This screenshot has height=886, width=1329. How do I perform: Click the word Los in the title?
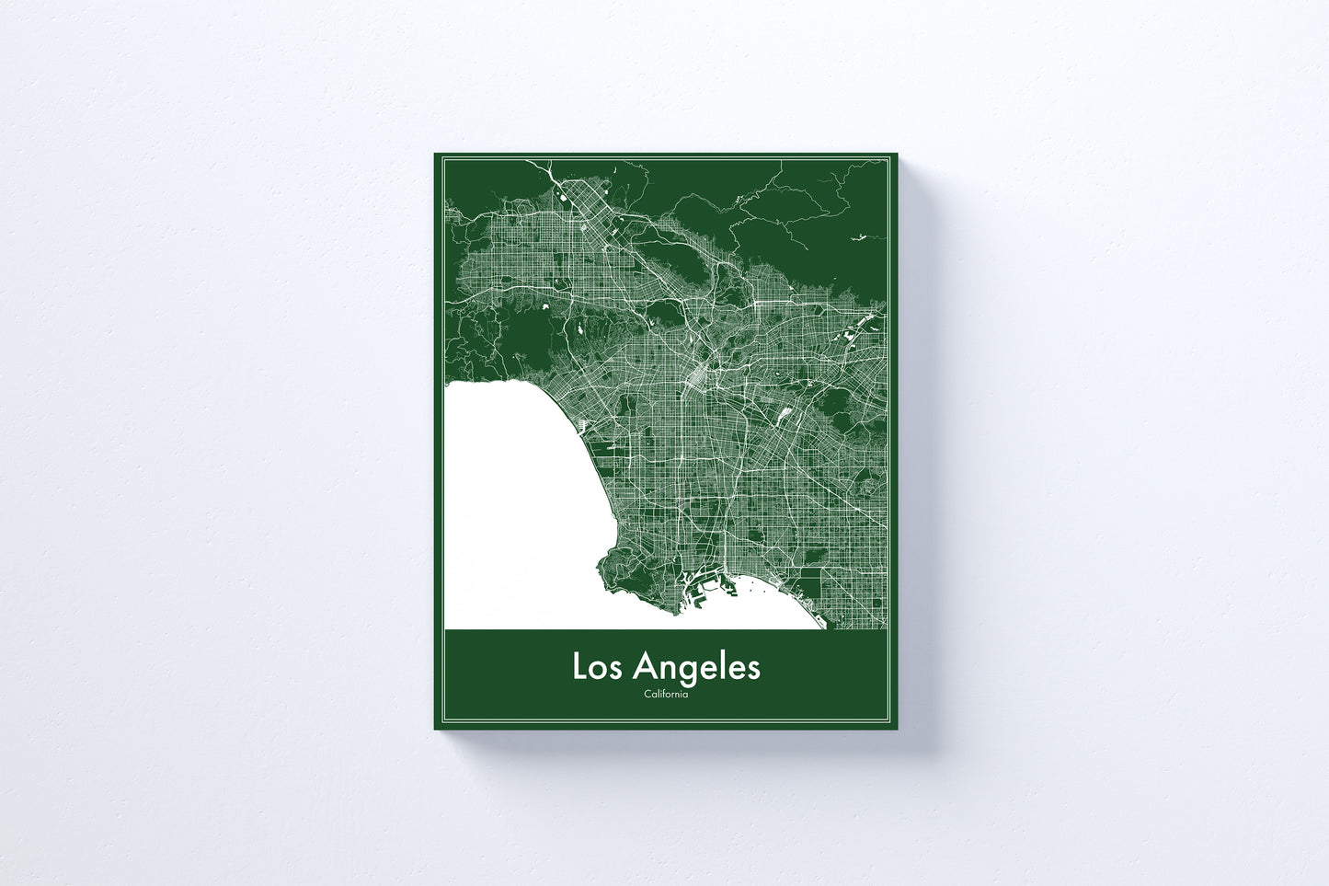599,667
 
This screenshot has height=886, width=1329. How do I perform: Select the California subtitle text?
666,694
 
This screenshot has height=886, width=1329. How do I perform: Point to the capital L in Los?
580,667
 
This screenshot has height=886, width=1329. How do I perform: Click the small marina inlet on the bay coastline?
583,423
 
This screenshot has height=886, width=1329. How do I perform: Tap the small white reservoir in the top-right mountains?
859,237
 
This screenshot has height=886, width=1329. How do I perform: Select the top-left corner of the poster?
435,154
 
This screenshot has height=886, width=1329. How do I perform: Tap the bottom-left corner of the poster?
435,729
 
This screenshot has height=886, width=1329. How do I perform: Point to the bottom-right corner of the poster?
896,729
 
